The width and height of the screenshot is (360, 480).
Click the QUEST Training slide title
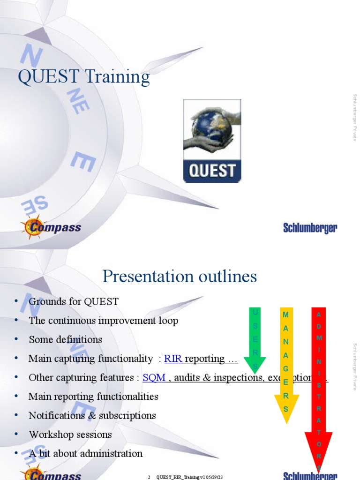pos(84,77)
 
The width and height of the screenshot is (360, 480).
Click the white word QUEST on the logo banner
pos(212,170)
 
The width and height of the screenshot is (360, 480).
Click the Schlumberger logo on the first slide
pos(310,228)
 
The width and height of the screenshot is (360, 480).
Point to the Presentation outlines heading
pos(180,277)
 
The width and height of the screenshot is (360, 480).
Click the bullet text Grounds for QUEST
pos(74,301)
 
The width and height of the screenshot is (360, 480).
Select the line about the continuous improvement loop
pos(103,321)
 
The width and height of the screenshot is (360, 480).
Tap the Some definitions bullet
pos(65,339)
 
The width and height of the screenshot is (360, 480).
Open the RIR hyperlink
pos(173,359)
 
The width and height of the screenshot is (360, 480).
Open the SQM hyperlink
pos(154,377)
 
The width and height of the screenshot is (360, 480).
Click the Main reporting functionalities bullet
pos(93,397)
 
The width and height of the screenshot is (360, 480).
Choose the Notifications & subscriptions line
pos(92,415)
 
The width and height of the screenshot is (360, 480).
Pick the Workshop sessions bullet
pos(70,435)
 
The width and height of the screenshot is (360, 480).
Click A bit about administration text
pos(85,453)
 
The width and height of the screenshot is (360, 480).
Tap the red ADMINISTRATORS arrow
pos(319,384)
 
